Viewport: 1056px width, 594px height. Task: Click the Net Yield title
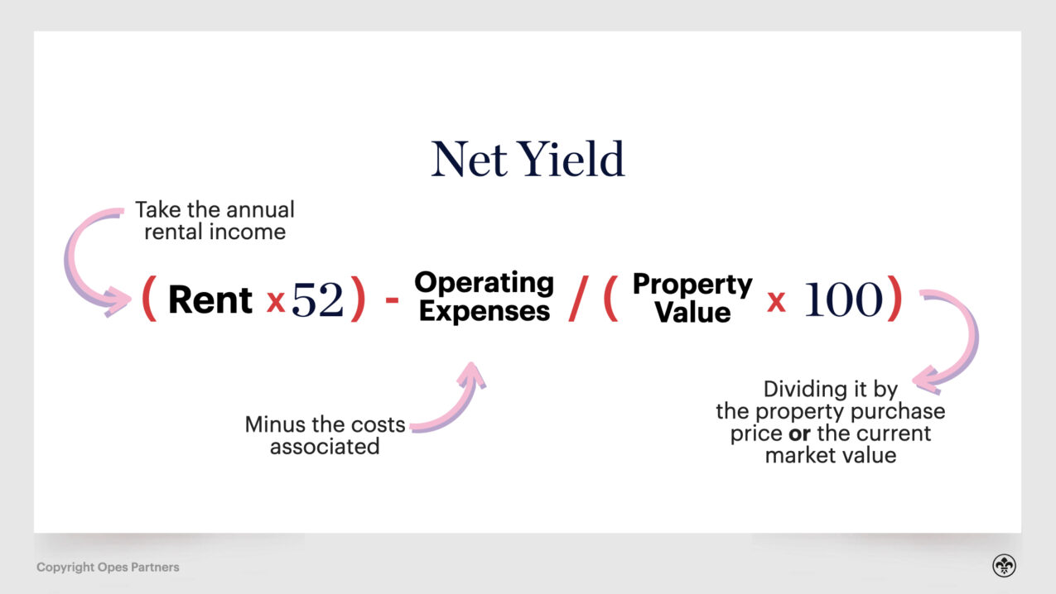528,160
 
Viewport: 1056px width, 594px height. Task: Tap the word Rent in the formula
210,299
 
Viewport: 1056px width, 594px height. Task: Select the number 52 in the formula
317,300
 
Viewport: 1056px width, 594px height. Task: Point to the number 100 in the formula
843,300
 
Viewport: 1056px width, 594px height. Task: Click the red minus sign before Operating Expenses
392,302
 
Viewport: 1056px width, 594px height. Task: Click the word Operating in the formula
485,283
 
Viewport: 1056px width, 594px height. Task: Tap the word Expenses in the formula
485,312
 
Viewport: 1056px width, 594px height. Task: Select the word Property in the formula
692,285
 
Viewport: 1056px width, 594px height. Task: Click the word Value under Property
692,313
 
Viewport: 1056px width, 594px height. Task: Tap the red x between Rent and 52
276,303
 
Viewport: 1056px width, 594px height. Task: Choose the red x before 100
776,303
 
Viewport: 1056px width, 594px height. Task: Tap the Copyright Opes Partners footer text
108,568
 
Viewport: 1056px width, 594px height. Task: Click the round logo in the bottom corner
1004,566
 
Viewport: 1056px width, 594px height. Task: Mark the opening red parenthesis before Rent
149,299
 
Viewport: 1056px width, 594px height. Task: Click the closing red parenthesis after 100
894,299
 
